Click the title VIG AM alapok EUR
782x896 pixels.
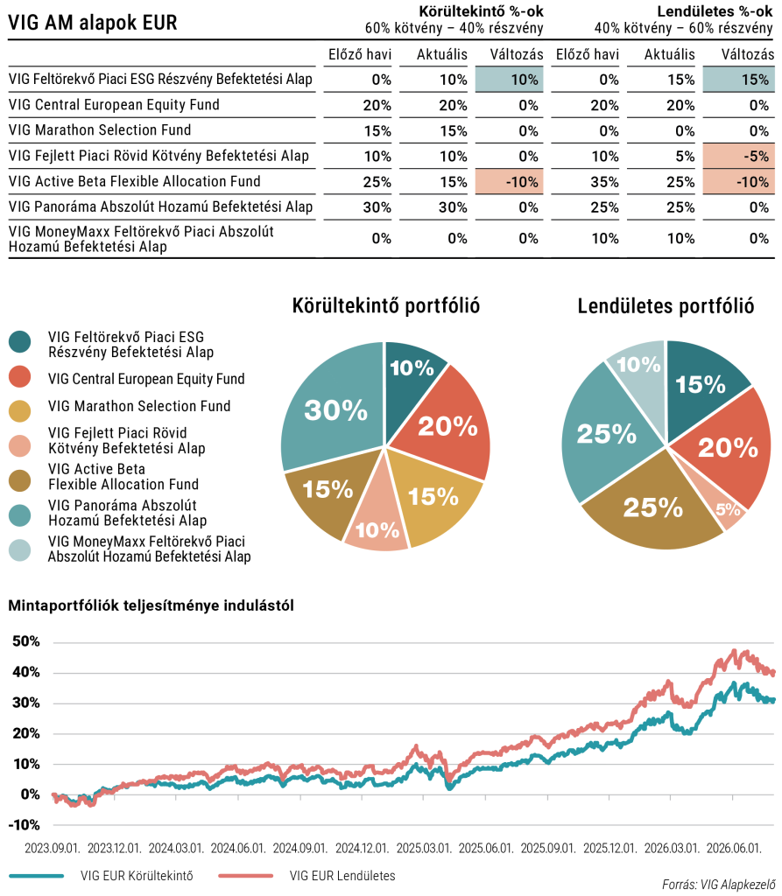coord(93,23)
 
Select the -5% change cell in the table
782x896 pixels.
coord(738,156)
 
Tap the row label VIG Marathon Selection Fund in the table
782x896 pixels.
coord(100,130)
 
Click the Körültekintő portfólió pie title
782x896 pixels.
coord(386,305)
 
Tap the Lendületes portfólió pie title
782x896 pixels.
coord(666,305)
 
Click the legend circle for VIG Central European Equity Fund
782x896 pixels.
coord(20,376)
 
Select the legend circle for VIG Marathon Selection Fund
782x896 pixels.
coord(20,411)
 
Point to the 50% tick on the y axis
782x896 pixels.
coord(26,641)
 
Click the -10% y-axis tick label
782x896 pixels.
coord(24,825)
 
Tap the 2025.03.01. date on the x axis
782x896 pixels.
coord(424,848)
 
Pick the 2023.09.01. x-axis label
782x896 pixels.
coord(52,848)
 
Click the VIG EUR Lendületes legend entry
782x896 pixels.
coord(307,875)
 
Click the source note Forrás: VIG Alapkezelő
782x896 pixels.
coord(718,885)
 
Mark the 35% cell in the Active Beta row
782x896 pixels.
coord(604,182)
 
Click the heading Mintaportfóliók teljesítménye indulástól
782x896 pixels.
coord(151,605)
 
